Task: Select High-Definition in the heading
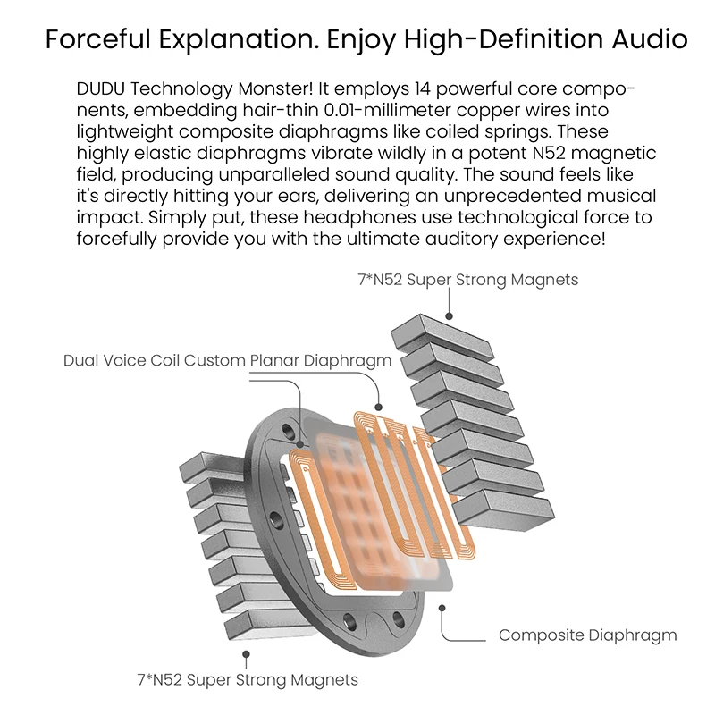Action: point(478,39)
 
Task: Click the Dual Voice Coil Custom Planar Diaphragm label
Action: point(227,361)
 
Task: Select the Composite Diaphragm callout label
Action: point(587,635)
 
